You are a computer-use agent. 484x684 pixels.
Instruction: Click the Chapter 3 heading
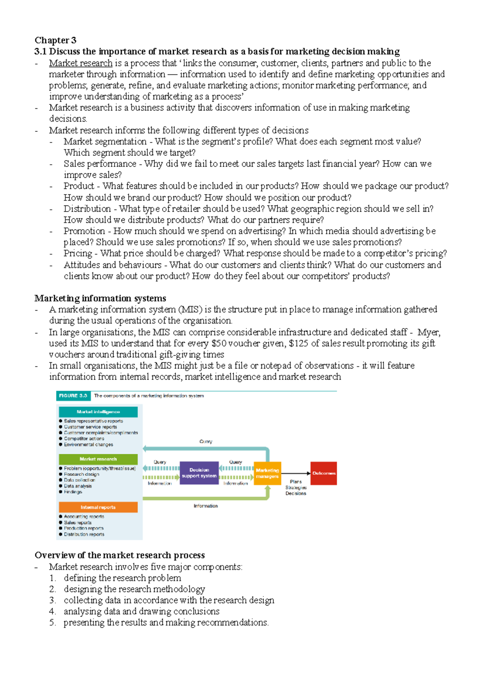(x=55, y=40)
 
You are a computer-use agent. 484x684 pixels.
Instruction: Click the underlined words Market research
(x=81, y=63)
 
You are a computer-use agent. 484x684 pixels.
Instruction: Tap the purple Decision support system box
(x=199, y=473)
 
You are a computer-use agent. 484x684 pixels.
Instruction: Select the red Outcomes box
(x=323, y=473)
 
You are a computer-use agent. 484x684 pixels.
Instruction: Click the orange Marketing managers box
(x=267, y=473)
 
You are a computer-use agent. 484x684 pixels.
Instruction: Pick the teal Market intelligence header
(x=98, y=412)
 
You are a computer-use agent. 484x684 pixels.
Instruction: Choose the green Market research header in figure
(x=98, y=459)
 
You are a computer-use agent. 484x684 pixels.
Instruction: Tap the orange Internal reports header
(x=98, y=507)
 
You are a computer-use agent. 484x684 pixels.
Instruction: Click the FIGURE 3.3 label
(x=73, y=396)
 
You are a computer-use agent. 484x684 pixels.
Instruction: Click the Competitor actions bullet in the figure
(x=84, y=439)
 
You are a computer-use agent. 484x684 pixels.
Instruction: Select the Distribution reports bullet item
(x=84, y=534)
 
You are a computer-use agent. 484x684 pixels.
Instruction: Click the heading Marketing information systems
(x=100, y=298)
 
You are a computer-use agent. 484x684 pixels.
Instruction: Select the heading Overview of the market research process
(x=119, y=555)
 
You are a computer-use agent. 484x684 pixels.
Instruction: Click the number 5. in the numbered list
(x=52, y=622)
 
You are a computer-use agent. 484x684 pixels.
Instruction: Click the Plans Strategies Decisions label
(x=296, y=487)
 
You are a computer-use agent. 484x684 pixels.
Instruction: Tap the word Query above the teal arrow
(x=206, y=441)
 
